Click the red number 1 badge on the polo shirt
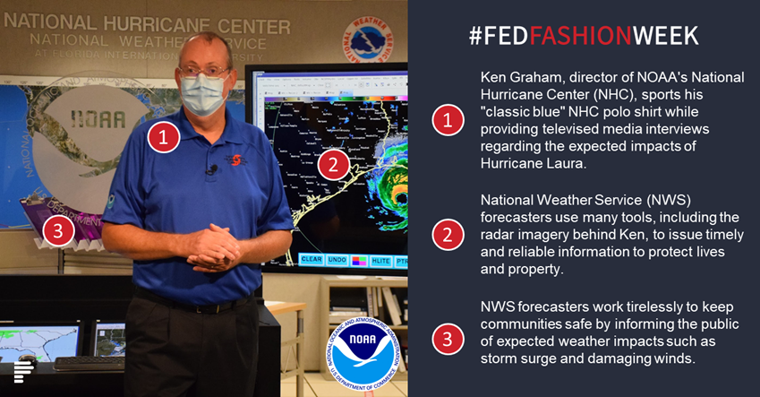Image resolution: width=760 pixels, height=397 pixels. [163, 137]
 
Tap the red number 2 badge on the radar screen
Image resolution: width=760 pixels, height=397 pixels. [334, 165]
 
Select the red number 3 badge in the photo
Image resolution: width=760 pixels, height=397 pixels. [58, 231]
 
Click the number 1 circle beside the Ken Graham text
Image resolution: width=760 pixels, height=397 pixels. [448, 120]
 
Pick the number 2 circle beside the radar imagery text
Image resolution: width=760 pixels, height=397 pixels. [448, 235]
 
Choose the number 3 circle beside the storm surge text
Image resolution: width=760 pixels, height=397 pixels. [448, 339]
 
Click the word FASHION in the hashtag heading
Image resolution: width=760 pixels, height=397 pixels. [580, 36]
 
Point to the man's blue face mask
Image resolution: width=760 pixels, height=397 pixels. [204, 93]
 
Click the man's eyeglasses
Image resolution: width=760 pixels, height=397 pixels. [204, 73]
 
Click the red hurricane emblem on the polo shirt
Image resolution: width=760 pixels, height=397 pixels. [236, 160]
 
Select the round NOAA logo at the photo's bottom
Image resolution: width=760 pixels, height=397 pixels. [363, 354]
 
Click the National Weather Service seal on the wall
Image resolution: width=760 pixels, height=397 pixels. [368, 40]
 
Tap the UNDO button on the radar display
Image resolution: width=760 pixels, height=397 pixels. [337, 260]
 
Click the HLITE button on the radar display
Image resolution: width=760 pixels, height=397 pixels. [380, 261]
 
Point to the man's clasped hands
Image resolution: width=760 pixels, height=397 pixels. [213, 248]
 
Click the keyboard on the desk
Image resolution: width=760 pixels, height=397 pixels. [89, 364]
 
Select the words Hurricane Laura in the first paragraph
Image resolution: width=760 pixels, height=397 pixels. [534, 163]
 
